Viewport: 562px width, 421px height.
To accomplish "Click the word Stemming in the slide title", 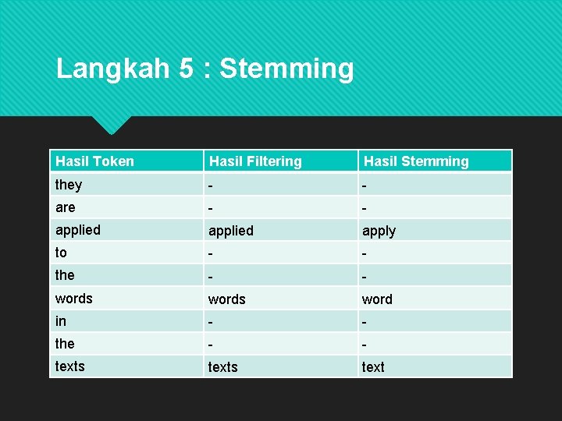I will pyautogui.click(x=286, y=69).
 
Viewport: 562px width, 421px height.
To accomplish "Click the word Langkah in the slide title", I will pyautogui.click(x=112, y=69).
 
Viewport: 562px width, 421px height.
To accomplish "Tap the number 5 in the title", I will pyautogui.click(x=186, y=69).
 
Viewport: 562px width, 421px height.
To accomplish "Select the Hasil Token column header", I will pyautogui.click(x=94, y=161).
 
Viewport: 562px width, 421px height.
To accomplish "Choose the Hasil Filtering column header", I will pyautogui.click(x=255, y=161).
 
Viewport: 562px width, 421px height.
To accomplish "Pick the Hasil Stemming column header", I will pyautogui.click(x=416, y=161).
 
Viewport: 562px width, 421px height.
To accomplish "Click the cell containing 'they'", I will pyautogui.click(x=69, y=185).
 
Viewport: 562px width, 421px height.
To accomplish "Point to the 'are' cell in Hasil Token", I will pyautogui.click(x=66, y=207).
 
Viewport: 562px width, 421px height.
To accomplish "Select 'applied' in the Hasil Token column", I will pyautogui.click(x=78, y=230).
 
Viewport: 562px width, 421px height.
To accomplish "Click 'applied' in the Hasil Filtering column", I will pyautogui.click(x=230, y=231).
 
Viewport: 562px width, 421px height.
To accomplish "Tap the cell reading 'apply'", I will pyautogui.click(x=379, y=231).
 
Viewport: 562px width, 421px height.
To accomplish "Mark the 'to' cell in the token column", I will pyautogui.click(x=62, y=253).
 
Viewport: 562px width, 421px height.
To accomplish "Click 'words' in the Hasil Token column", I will pyautogui.click(x=74, y=299).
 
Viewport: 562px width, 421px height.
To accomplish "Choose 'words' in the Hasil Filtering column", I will pyautogui.click(x=226, y=299).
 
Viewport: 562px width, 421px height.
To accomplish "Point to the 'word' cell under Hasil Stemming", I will pyautogui.click(x=377, y=299).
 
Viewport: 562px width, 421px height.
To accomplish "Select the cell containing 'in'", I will pyautogui.click(x=61, y=321).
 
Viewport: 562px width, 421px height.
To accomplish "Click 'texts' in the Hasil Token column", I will pyautogui.click(x=70, y=366).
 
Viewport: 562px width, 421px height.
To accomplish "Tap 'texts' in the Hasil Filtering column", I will pyautogui.click(x=222, y=367).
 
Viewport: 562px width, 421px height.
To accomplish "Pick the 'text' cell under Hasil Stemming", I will pyautogui.click(x=373, y=367).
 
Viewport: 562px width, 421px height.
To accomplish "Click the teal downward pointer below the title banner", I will pyautogui.click(x=111, y=124).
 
